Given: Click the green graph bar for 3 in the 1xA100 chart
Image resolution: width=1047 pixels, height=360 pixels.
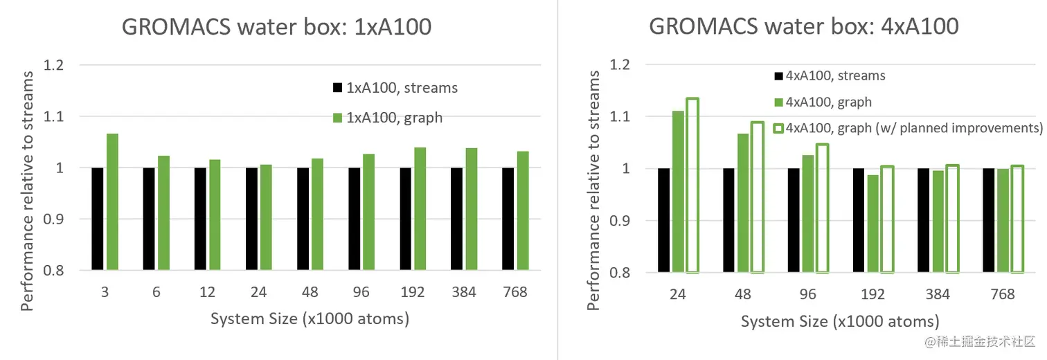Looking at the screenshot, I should point(112,201).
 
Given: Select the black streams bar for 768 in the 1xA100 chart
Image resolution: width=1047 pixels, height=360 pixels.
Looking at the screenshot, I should point(508,219).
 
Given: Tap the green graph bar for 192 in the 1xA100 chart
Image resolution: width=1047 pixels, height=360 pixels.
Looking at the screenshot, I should point(420,208).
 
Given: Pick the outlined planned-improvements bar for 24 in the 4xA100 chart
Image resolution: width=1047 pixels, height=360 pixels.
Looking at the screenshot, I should point(692,185).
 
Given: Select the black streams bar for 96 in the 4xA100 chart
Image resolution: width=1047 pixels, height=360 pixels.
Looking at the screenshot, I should point(794,220).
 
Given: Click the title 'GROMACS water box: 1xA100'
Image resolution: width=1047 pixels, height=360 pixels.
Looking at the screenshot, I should point(277,27).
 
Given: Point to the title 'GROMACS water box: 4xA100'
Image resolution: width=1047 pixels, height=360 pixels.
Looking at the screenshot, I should point(804,27).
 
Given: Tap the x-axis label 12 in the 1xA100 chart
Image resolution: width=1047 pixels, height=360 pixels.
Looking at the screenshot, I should point(207,292).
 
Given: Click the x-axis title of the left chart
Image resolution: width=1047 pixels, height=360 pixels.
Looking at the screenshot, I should point(309,319).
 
